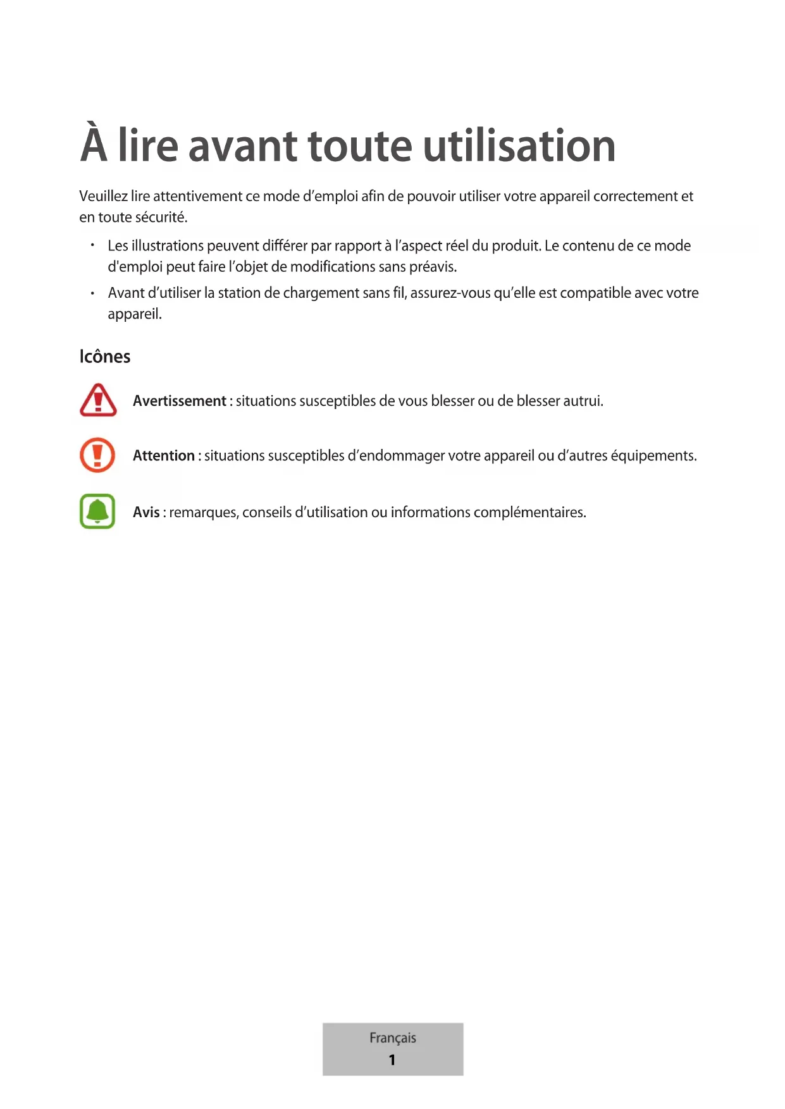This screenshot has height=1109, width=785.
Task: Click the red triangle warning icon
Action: [x=98, y=400]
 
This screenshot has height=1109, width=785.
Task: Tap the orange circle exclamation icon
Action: [x=97, y=455]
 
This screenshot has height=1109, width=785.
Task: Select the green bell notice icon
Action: [x=97, y=511]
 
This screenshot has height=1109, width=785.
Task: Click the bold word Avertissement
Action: [x=179, y=401]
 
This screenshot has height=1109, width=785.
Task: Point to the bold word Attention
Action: [x=163, y=456]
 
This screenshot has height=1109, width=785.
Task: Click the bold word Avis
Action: [x=146, y=512]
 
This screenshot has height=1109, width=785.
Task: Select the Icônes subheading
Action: [x=105, y=357]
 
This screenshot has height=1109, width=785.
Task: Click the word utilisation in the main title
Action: [x=519, y=146]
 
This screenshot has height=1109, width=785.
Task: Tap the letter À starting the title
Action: [x=94, y=144]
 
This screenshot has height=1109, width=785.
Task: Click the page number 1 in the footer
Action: [x=392, y=1060]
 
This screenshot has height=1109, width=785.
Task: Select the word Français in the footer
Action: [x=393, y=1038]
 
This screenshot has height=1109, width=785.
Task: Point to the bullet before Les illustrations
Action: [x=92, y=245]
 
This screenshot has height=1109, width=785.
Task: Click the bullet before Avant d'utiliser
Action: [x=92, y=293]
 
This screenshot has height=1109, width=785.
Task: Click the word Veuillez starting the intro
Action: [x=103, y=197]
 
